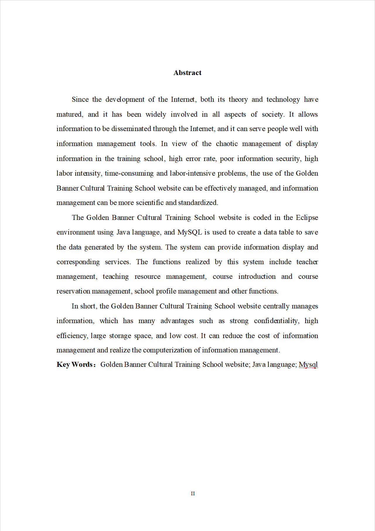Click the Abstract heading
(187, 73)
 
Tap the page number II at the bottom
(193, 493)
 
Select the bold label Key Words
(75, 364)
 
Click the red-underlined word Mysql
(308, 364)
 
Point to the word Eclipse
(307, 218)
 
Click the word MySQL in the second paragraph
(190, 232)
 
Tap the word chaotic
(227, 144)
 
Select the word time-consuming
(129, 173)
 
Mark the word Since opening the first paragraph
(80, 99)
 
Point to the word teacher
(307, 262)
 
